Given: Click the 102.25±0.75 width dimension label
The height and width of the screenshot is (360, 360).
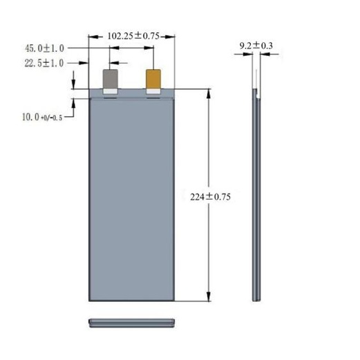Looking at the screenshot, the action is click(x=133, y=36).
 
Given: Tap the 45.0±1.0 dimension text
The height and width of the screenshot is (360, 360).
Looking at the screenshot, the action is click(x=44, y=48).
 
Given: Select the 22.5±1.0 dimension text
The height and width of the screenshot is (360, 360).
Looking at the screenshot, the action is click(x=44, y=63).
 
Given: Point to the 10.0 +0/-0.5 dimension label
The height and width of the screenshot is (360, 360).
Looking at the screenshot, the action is click(x=42, y=117).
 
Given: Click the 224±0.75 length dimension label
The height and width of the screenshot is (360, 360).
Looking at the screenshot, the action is click(x=210, y=197).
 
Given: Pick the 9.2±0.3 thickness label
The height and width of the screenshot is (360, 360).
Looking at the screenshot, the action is click(x=256, y=46).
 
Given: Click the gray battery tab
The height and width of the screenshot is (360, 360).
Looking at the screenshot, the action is click(x=111, y=79).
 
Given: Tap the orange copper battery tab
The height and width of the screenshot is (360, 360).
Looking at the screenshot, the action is click(x=153, y=79).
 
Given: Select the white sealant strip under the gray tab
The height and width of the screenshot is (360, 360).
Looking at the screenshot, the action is click(x=111, y=91).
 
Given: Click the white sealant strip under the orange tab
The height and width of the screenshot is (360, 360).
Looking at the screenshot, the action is click(x=153, y=91).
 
